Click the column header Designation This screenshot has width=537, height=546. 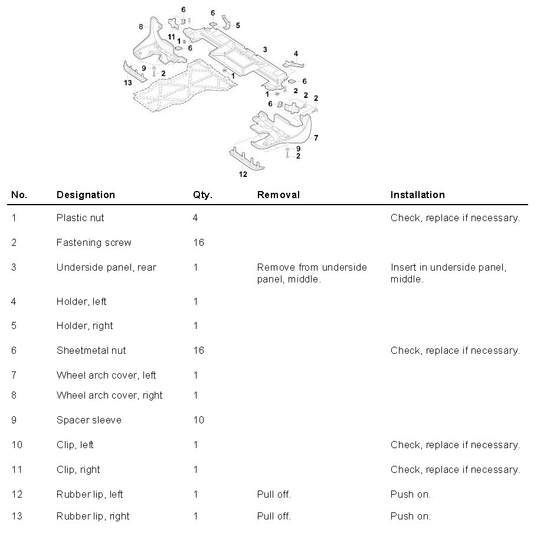pyautogui.click(x=86, y=195)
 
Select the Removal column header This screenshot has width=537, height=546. pyautogui.click(x=278, y=195)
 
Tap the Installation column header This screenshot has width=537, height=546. pyautogui.click(x=417, y=195)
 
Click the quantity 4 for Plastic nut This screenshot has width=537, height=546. pyautogui.click(x=195, y=218)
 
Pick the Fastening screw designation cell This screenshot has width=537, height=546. pyautogui.click(x=94, y=242)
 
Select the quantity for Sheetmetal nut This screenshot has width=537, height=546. pyautogui.click(x=198, y=350)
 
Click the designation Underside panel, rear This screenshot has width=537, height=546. pyautogui.click(x=106, y=267)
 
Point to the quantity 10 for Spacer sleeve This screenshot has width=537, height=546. pyautogui.click(x=198, y=420)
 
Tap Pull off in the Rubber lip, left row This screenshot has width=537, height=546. pyautogui.click(x=274, y=494)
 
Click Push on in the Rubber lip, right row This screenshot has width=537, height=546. pyautogui.click(x=410, y=516)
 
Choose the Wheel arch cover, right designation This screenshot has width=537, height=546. pyautogui.click(x=109, y=395)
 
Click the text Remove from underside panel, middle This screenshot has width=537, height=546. pyautogui.click(x=312, y=273)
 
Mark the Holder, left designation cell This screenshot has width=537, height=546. pyautogui.click(x=81, y=301)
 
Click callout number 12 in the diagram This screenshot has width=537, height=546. pyautogui.click(x=243, y=174)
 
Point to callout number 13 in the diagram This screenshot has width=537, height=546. pyautogui.click(x=127, y=83)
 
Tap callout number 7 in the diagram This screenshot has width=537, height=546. pyautogui.click(x=316, y=137)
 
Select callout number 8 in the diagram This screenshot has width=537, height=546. pyautogui.click(x=140, y=27)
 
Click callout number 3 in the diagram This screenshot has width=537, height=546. pyautogui.click(x=265, y=50)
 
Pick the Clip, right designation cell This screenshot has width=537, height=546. pyautogui.click(x=78, y=469)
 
